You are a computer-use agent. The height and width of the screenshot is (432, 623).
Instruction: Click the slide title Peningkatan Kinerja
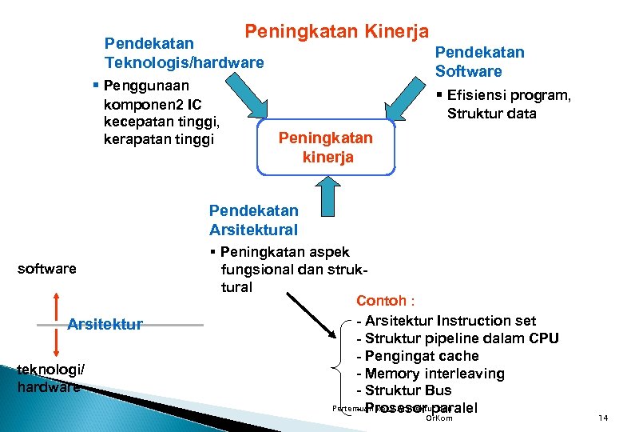[x=336, y=32]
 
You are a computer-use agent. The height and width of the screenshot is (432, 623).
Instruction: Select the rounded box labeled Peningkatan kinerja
[x=326, y=147]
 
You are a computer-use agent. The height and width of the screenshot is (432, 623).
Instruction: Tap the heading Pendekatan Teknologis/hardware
[x=184, y=52]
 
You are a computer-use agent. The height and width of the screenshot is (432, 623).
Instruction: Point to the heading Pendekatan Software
[x=479, y=62]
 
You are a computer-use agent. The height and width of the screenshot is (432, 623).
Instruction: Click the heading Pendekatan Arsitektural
[x=253, y=220]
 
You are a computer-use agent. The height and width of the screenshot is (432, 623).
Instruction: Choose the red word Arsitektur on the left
[x=105, y=324]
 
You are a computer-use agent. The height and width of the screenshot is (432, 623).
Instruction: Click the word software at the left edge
[x=47, y=269]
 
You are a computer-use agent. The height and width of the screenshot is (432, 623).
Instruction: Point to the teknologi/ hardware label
[x=49, y=378]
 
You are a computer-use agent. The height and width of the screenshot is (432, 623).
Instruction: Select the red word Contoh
[x=385, y=302]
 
